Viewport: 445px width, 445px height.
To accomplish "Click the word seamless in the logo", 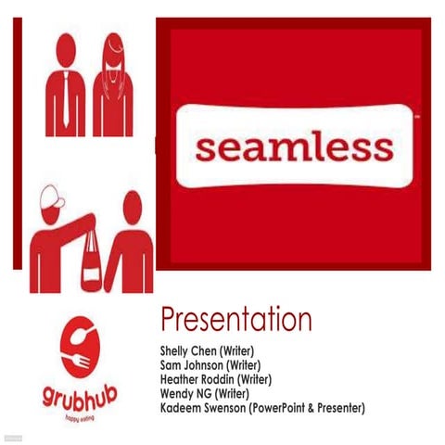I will (x=294, y=147).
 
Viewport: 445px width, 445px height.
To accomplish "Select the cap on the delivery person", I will (x=54, y=197).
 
